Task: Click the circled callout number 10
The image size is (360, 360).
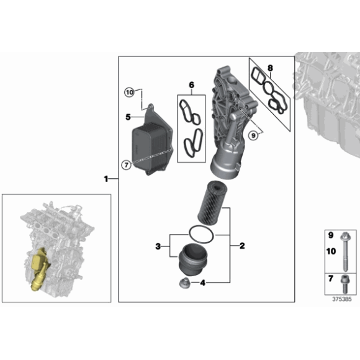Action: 130,92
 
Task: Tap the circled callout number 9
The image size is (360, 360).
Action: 253,135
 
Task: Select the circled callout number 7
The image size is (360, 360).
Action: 126,164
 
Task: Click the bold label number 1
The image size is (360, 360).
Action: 106,179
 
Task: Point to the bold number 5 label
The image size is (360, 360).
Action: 128,117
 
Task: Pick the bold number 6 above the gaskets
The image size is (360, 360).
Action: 191,85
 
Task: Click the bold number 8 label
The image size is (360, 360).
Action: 270,68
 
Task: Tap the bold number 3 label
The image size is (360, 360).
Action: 158,246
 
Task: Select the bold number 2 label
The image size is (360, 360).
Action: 242,246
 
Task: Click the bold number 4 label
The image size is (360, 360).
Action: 203,283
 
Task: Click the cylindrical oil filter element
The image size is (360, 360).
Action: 213,203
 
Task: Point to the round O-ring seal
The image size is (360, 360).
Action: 201,235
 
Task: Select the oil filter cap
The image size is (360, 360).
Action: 193,259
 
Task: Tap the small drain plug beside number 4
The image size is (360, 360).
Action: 184,283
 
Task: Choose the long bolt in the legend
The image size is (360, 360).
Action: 344,251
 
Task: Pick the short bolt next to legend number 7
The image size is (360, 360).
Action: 344,284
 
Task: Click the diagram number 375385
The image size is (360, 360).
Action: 342,299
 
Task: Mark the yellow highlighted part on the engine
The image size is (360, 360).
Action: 40,269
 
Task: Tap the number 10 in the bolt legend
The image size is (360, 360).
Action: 331,251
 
